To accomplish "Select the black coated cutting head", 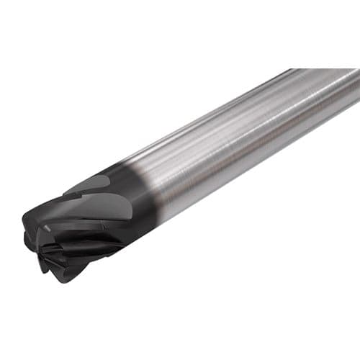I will [86, 223].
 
